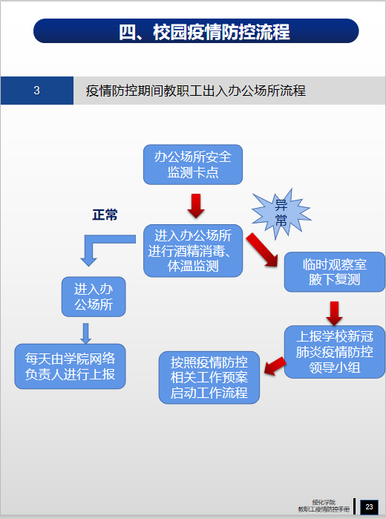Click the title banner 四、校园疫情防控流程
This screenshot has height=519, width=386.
196,30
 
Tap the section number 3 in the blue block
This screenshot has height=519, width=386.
37,91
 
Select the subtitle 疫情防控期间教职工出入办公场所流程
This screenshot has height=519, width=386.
196,91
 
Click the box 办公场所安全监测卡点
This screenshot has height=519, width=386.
193,165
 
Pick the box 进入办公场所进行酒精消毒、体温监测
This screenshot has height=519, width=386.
193,250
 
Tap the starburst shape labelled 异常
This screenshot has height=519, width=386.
281,214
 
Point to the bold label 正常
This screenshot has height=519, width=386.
105,215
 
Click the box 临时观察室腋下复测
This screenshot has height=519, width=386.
335,272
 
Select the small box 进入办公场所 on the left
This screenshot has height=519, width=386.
94,296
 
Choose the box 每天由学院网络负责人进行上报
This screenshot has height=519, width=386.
71,366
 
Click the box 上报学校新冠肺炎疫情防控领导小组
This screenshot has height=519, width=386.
335,352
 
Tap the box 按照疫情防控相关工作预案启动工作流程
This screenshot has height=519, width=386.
209,378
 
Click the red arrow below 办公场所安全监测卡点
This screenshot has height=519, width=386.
196,206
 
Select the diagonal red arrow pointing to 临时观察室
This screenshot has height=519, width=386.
262,250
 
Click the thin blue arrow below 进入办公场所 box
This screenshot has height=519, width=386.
86,333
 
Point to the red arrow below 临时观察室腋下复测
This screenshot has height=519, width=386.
334,313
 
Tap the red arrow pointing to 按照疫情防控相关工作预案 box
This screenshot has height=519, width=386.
275,366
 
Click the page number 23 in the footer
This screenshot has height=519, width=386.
369,507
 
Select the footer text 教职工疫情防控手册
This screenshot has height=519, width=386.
324,510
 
